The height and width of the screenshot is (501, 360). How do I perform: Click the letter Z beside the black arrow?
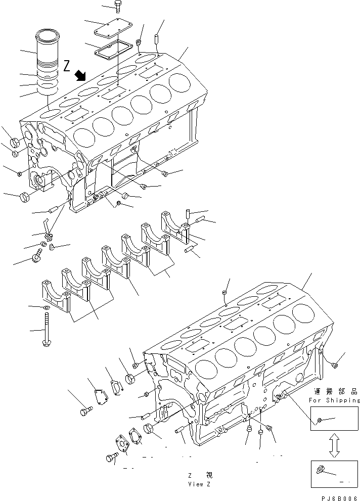[x=67, y=65]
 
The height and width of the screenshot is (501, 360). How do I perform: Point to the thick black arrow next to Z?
[x=79, y=76]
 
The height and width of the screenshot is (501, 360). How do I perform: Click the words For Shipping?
[x=334, y=400]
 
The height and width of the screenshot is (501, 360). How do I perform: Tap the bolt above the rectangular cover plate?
[x=118, y=7]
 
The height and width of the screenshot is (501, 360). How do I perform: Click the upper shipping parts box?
[x=334, y=420]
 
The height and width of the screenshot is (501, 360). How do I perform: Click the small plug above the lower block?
[x=224, y=293]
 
